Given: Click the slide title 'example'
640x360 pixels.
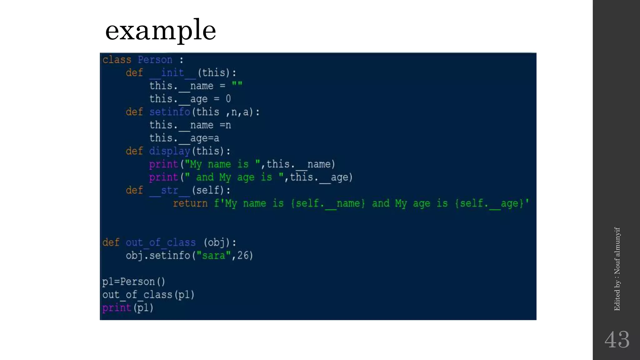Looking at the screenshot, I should [x=160, y=30].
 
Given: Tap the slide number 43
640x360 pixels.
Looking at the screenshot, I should [x=617, y=340].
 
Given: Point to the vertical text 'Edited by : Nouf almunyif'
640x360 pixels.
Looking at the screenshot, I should [x=617, y=269].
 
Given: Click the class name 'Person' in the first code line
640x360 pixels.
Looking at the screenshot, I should [x=155, y=60].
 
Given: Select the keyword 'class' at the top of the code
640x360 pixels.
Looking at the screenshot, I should [x=117, y=60].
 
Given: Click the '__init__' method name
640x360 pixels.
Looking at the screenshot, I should [x=172, y=73].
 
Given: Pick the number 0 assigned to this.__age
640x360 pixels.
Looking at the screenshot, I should [x=228, y=99].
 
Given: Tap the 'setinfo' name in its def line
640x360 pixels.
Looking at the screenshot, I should [x=169, y=112].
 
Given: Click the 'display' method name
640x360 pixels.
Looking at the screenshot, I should [x=169, y=151].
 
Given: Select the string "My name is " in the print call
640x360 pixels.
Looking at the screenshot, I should [x=222, y=164].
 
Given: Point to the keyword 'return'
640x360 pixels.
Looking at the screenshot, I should [x=190, y=203].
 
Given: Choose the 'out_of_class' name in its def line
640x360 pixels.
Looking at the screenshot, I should [x=161, y=242].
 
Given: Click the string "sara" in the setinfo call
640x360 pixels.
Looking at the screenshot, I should [x=214, y=256].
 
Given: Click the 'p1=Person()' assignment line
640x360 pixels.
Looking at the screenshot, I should [x=133, y=282].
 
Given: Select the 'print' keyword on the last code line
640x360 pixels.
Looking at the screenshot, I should [x=117, y=308].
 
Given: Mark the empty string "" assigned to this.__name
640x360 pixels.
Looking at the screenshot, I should [x=237, y=85].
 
